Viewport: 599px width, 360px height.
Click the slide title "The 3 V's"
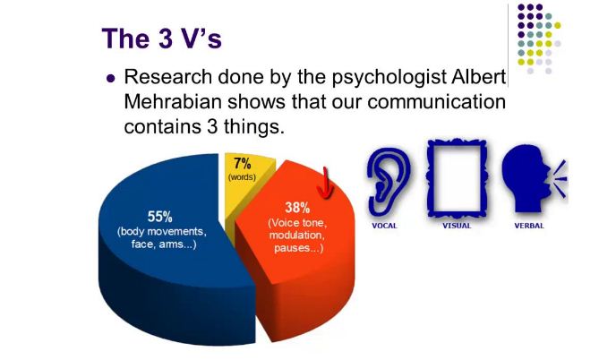click(x=161, y=39)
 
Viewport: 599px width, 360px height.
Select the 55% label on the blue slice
click(x=159, y=217)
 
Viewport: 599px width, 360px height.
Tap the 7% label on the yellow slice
click(x=243, y=164)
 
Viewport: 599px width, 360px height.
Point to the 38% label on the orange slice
click(x=297, y=208)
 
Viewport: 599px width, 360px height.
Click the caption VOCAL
click(x=384, y=226)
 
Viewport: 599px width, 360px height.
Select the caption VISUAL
click(x=457, y=226)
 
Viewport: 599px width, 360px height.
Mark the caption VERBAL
click(x=528, y=226)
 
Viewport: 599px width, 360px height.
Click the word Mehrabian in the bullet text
click(x=173, y=102)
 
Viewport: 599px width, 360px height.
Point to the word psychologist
click(x=389, y=78)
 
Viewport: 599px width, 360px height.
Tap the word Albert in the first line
click(x=479, y=76)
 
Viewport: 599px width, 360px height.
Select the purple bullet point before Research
click(x=111, y=78)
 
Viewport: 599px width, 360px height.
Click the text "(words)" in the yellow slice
click(x=242, y=177)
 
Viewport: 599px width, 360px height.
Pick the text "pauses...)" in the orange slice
click(x=298, y=248)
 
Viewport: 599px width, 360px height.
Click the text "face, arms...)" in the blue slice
click(x=164, y=244)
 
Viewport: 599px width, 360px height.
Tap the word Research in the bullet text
click(x=168, y=76)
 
